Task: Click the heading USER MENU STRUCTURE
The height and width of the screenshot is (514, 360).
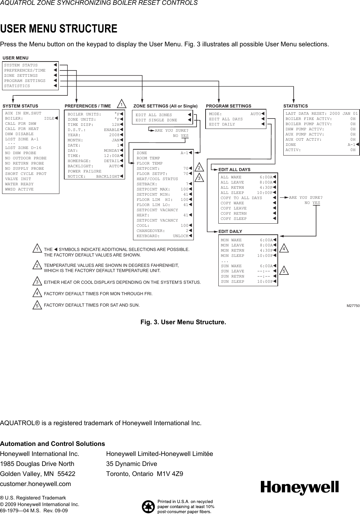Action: pos(59,29)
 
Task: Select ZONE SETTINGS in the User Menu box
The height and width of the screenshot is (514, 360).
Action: pos(21,76)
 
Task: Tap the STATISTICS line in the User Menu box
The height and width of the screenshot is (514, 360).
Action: pos(17,86)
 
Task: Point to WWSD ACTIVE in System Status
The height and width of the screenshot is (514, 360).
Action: pos(19,189)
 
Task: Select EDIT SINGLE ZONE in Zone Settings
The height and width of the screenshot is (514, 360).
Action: pos(156,120)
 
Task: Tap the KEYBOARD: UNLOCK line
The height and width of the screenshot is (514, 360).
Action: pos(163,236)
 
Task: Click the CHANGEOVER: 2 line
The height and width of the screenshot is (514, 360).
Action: pos(163,231)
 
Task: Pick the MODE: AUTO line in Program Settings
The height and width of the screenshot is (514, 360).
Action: pos(236,114)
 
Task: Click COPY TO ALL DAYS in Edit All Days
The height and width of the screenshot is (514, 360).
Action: pos(241,198)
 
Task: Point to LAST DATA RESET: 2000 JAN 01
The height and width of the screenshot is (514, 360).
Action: pos(321,114)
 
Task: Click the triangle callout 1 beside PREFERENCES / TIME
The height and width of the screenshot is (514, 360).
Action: pos(122,104)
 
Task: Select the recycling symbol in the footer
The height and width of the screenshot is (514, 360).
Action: pos(148,506)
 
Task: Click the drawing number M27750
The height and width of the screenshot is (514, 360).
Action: pos(353,306)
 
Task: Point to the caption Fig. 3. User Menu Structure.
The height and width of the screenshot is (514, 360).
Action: pos(183,322)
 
